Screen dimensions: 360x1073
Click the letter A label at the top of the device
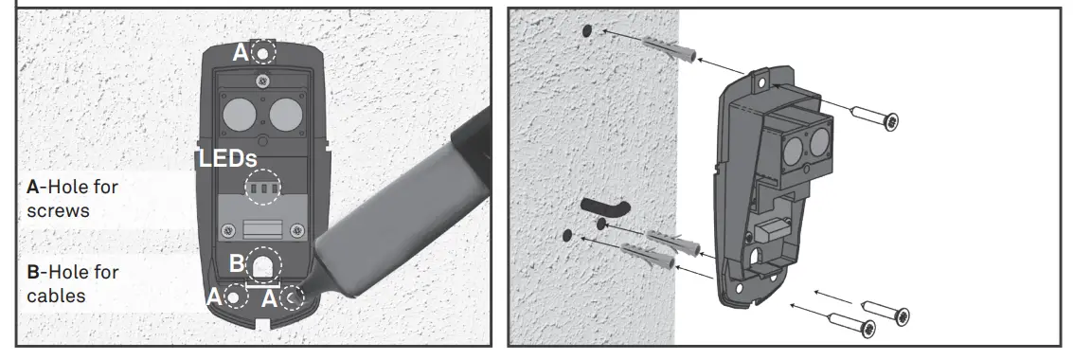(241, 53)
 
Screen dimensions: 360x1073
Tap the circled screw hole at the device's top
(262, 52)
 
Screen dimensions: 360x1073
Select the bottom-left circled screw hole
(233, 297)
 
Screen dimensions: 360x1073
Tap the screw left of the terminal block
(227, 229)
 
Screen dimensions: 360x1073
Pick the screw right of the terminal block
(298, 228)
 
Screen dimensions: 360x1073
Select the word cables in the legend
(56, 296)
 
